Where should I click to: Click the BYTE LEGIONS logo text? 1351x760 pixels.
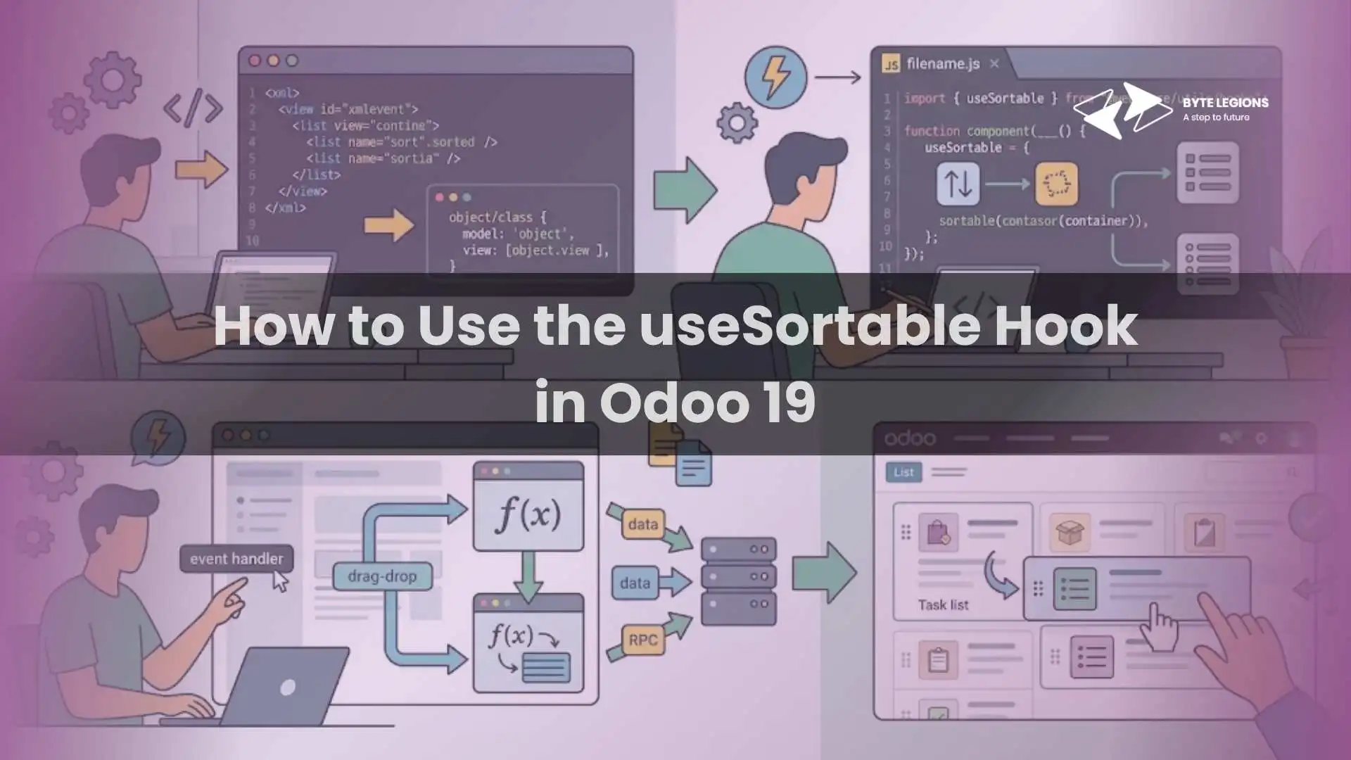point(1225,103)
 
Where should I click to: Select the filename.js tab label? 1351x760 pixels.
point(942,64)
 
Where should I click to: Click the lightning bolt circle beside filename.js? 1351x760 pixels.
point(775,75)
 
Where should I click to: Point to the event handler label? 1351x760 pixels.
point(236,559)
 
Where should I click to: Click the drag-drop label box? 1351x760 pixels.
point(382,576)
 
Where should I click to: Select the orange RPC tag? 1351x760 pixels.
point(642,640)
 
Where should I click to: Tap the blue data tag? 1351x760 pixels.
point(635,583)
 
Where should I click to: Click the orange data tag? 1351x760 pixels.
point(642,524)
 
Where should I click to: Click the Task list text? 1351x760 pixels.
point(943,605)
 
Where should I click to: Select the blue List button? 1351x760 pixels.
point(903,472)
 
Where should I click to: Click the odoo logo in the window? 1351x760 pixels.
point(909,438)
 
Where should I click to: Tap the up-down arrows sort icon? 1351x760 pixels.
point(958,184)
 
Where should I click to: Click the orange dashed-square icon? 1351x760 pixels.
point(1056,184)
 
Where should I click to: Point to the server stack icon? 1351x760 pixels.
point(738,581)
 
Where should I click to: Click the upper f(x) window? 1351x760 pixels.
point(528,507)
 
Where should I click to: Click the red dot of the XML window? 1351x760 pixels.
point(255,61)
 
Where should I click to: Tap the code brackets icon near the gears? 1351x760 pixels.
point(193,108)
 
